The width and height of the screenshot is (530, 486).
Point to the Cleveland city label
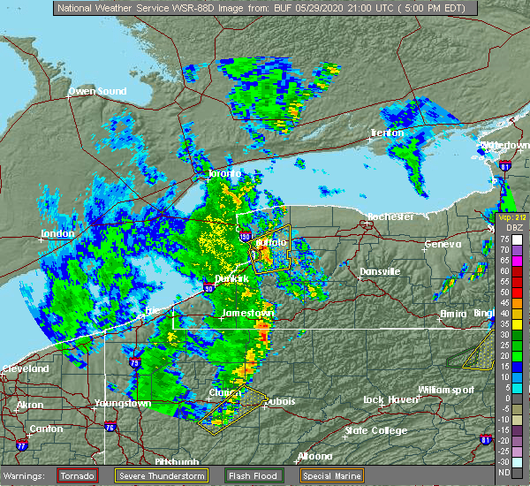click(24, 368)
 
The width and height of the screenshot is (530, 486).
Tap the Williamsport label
click(446, 389)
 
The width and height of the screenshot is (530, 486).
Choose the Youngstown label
click(122, 403)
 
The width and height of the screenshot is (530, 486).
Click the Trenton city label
click(386, 133)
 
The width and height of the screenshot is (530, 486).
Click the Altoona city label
click(314, 456)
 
